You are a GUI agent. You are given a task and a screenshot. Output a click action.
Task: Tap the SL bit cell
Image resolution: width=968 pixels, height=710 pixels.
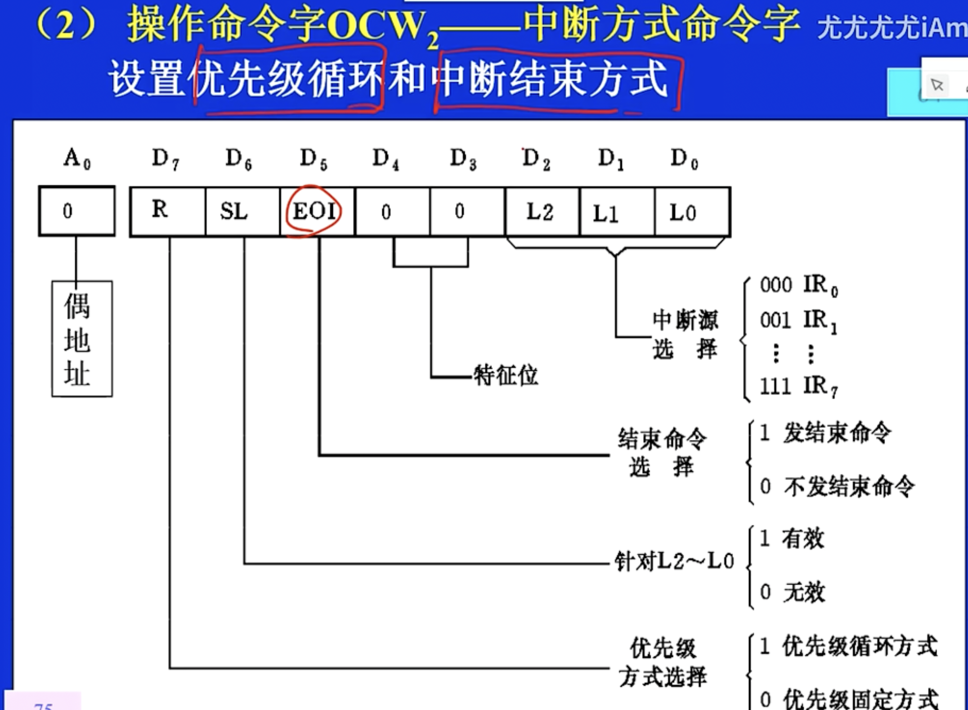pyautogui.click(x=234, y=211)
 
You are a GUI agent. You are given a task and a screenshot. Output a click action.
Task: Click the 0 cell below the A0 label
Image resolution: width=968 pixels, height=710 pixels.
pyautogui.click(x=68, y=211)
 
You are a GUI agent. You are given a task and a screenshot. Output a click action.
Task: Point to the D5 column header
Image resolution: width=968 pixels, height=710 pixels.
pyautogui.click(x=314, y=159)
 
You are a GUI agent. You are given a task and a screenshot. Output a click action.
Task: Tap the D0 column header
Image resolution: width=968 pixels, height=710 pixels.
pyautogui.click(x=684, y=159)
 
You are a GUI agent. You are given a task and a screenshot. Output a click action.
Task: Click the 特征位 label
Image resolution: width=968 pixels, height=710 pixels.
pyautogui.click(x=506, y=375)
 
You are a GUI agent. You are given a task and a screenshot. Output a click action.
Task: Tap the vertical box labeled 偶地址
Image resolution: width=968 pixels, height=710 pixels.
pyautogui.click(x=82, y=339)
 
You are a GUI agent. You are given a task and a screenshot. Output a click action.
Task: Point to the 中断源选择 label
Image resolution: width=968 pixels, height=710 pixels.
pyautogui.click(x=685, y=334)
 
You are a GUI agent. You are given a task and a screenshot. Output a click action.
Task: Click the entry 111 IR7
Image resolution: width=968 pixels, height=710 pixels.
pyautogui.click(x=799, y=386)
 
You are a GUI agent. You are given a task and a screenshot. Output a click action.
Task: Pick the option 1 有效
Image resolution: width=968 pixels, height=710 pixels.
pyautogui.click(x=792, y=539)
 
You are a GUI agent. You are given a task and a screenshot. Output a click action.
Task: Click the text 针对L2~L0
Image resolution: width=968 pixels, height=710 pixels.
pyautogui.click(x=674, y=562)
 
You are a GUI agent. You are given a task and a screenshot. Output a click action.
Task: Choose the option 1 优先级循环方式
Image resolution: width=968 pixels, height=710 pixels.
pyautogui.click(x=848, y=647)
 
